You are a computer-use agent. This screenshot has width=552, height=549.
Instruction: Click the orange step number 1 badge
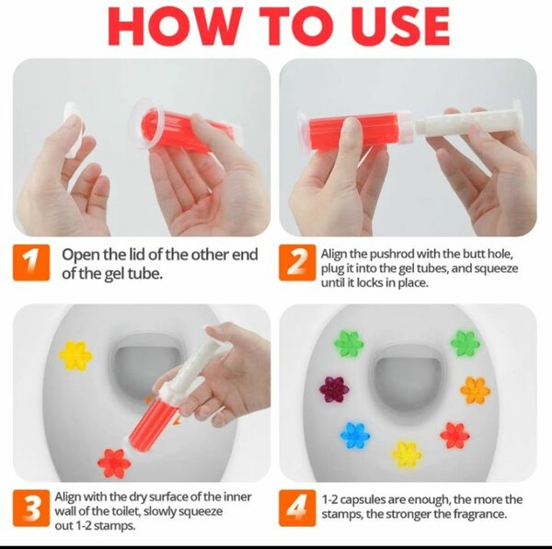[x=31, y=263]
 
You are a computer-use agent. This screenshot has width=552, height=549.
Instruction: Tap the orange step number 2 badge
[x=297, y=263]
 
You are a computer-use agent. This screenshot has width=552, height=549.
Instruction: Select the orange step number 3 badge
[x=31, y=508]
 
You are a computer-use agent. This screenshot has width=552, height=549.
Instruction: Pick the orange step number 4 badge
[x=297, y=508]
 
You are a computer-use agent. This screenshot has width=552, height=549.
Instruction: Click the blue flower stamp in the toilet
[x=355, y=435]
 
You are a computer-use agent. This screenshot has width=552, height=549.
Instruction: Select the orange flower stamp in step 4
[x=475, y=390]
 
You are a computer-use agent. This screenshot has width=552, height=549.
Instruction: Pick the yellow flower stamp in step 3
[x=75, y=356]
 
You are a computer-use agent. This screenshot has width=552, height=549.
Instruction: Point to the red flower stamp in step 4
[x=454, y=435]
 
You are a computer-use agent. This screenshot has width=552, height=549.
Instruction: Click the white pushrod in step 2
[x=469, y=121]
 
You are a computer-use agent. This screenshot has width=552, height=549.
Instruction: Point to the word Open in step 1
[x=81, y=255]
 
